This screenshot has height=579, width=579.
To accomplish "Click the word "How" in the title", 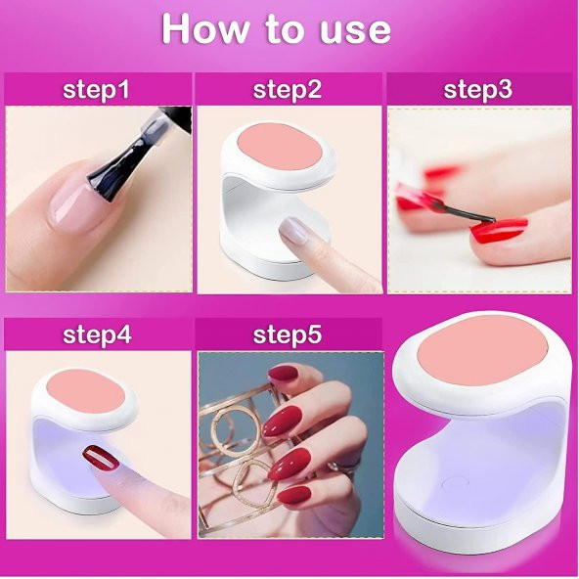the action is pos(205,29).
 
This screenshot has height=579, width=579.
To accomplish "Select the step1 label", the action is pos(96,90).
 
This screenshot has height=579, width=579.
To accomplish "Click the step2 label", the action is pos(288,90).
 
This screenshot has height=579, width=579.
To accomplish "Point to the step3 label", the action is pos(478,90).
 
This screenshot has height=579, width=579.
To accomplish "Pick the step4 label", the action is pos(97,334).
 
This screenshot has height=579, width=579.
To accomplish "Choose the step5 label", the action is pos(288,334).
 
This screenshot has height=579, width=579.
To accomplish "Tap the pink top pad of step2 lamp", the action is pos(282,147).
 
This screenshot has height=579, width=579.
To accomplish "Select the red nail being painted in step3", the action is pos(499,230).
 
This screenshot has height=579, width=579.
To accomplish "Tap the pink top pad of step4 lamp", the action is pos(87,391).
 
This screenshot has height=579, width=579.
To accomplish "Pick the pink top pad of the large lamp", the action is pos(481,347).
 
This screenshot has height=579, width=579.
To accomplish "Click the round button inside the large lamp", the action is pos(455,482).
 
